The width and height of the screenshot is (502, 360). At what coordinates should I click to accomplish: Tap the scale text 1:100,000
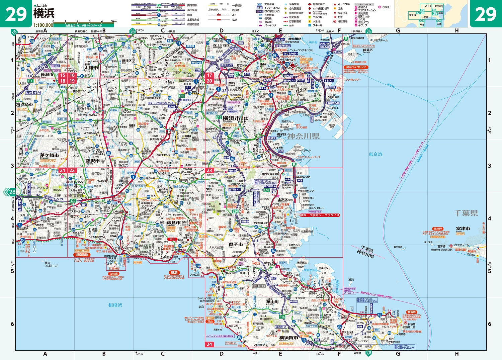pos(43,25)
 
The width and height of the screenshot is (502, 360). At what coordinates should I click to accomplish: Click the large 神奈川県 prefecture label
pos(304,136)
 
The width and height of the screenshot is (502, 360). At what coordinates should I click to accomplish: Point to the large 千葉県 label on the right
pos(466,213)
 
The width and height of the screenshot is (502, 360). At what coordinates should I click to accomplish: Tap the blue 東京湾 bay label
pos(375,154)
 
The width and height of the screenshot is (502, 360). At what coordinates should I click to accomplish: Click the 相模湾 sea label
pos(115,305)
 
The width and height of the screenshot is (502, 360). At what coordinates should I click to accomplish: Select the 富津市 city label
pos(463,229)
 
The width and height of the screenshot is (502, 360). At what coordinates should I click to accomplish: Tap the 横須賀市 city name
pos(288,338)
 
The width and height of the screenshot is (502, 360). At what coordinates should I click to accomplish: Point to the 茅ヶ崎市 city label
pos(49,155)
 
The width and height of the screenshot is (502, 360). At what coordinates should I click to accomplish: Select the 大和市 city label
pos(91,68)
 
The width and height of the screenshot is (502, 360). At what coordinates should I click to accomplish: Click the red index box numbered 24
pos(209,344)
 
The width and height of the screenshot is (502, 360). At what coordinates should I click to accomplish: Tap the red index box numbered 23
pos(209,170)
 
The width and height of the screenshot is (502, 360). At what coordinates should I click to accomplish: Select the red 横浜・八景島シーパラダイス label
pos(319,215)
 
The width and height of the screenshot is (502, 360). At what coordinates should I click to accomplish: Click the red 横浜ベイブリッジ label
pos(355,67)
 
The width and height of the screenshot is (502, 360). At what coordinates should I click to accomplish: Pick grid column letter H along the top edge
pos(457,31)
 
